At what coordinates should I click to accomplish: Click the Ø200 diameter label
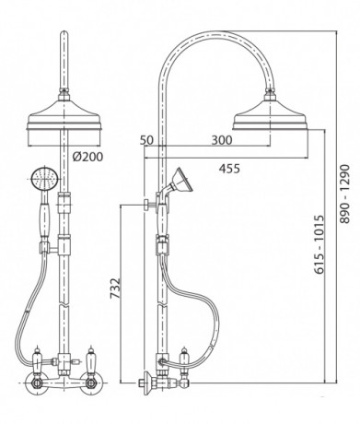87,157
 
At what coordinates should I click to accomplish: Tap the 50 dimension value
146,140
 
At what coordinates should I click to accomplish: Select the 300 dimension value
222,140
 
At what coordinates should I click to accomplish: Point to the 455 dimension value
229,169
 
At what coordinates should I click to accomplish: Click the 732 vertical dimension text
115,289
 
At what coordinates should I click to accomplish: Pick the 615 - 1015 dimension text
319,244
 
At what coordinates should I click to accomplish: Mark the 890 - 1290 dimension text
344,194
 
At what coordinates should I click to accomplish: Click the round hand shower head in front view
45,179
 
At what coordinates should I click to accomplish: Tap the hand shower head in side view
182,181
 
